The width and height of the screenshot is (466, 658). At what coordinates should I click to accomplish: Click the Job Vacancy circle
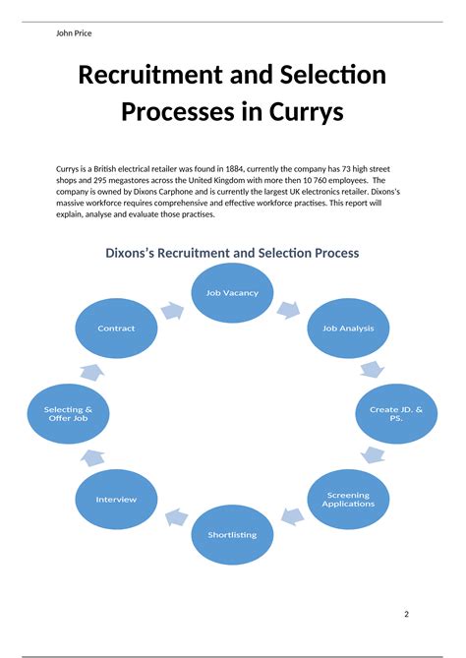pos(232,293)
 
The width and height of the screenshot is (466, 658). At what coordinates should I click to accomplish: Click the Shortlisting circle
pos(232,534)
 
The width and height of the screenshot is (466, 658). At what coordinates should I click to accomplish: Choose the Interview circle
pos(116,499)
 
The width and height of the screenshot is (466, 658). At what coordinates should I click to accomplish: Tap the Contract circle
pos(116,328)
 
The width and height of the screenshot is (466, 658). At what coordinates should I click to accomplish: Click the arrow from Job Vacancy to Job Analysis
pos(289,309)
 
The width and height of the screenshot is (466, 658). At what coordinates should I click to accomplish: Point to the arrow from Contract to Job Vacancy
pos(171,311)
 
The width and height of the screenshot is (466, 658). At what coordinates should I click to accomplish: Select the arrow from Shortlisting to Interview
pos(175,516)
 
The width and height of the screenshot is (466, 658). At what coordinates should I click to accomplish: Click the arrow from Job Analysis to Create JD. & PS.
pos(372,370)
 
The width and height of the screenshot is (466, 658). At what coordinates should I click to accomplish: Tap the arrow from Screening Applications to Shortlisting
pos(292,515)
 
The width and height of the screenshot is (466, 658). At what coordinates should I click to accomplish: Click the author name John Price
pos(75,32)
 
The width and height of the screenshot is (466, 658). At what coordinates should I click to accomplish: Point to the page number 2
pos(406,615)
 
